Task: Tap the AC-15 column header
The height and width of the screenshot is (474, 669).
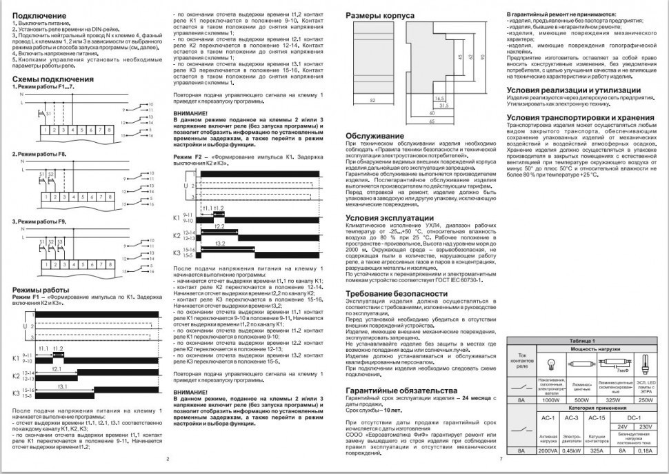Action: pos(598,418)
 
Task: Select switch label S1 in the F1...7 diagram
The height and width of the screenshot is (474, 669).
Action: pos(48,112)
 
